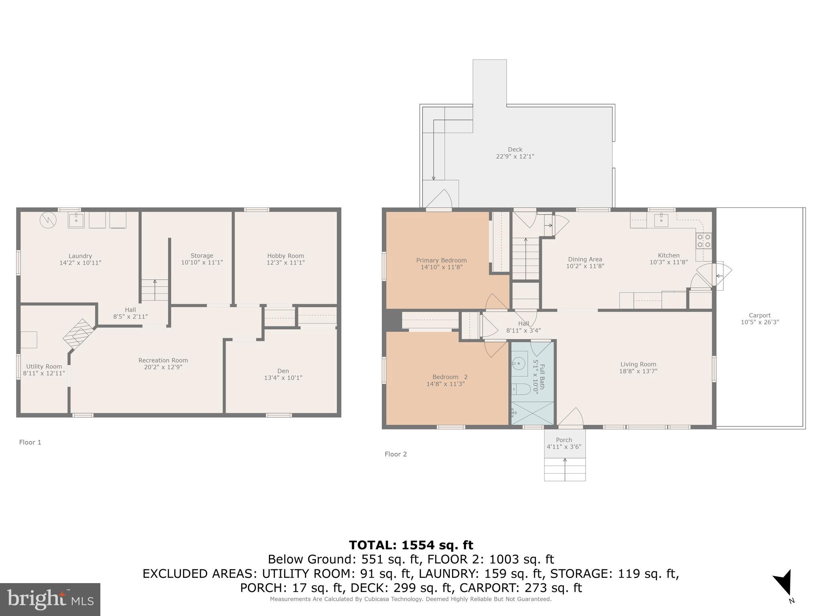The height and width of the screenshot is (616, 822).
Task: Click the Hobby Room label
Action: click(x=285, y=256)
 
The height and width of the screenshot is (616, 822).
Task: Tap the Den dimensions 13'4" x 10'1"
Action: click(x=283, y=378)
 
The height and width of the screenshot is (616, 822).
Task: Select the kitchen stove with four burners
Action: click(x=703, y=241)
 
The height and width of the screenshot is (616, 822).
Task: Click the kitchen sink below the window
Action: click(x=661, y=220)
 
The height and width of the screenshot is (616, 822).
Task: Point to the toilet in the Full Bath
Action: click(x=521, y=389)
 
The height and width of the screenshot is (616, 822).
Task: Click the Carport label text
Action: click(x=759, y=315)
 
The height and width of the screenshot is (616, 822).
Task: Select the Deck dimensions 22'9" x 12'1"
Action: click(x=515, y=156)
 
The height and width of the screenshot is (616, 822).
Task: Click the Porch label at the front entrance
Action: click(x=564, y=440)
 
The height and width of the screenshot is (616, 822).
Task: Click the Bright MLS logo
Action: click(x=50, y=599)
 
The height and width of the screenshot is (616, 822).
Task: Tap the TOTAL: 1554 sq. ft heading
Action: click(x=411, y=545)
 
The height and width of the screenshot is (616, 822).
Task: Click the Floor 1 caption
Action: click(x=30, y=442)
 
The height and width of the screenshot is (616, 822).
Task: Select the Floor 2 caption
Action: click(x=395, y=454)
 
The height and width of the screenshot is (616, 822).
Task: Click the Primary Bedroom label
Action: click(x=441, y=260)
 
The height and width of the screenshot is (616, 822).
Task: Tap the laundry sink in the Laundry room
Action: click(x=76, y=220)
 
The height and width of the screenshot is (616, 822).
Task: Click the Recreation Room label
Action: click(x=163, y=360)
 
